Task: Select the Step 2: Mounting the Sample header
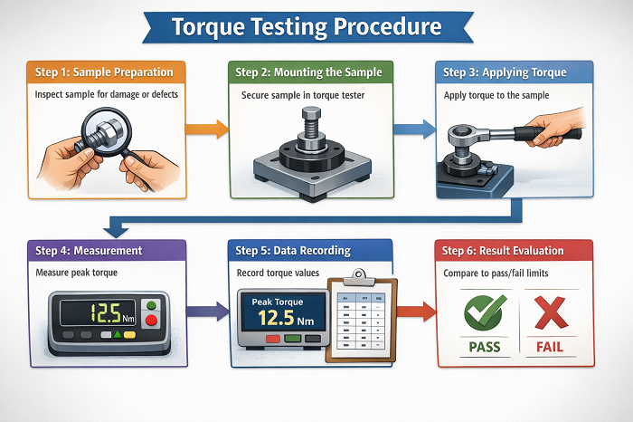[307, 72]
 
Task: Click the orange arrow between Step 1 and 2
[207, 129]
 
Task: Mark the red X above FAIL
[552, 312]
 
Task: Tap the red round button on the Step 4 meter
[152, 320]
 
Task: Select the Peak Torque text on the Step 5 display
[279, 302]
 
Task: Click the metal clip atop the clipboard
[358, 273]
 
